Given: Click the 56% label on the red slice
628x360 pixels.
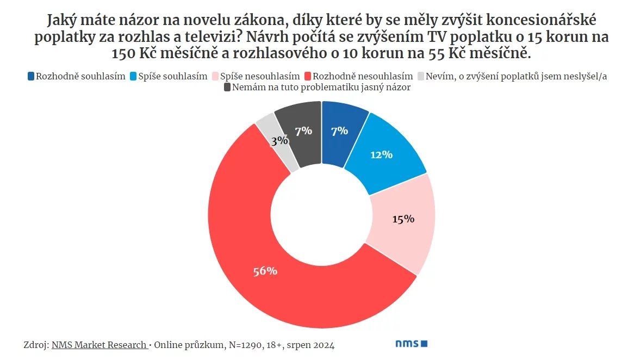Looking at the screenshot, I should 265,271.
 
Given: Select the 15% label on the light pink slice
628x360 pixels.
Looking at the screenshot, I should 403,219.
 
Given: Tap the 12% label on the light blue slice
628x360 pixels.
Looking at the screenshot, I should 381,154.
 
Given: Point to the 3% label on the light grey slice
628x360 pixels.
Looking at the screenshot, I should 279,140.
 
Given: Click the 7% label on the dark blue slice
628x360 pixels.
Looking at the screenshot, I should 339,131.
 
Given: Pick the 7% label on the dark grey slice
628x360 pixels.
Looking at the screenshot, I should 303,131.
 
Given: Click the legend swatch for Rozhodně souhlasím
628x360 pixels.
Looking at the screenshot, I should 30,76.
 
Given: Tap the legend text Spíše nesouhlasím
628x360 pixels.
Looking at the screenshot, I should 259,76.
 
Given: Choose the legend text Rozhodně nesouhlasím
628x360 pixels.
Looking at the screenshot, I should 363,76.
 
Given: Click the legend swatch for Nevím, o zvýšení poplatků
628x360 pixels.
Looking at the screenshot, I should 420,76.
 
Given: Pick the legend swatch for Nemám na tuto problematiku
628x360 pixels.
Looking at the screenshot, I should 227,87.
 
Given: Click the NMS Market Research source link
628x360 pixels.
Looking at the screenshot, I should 99,345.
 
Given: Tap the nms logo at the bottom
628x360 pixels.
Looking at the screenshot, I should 411,344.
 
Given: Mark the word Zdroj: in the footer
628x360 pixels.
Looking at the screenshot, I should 36,345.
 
